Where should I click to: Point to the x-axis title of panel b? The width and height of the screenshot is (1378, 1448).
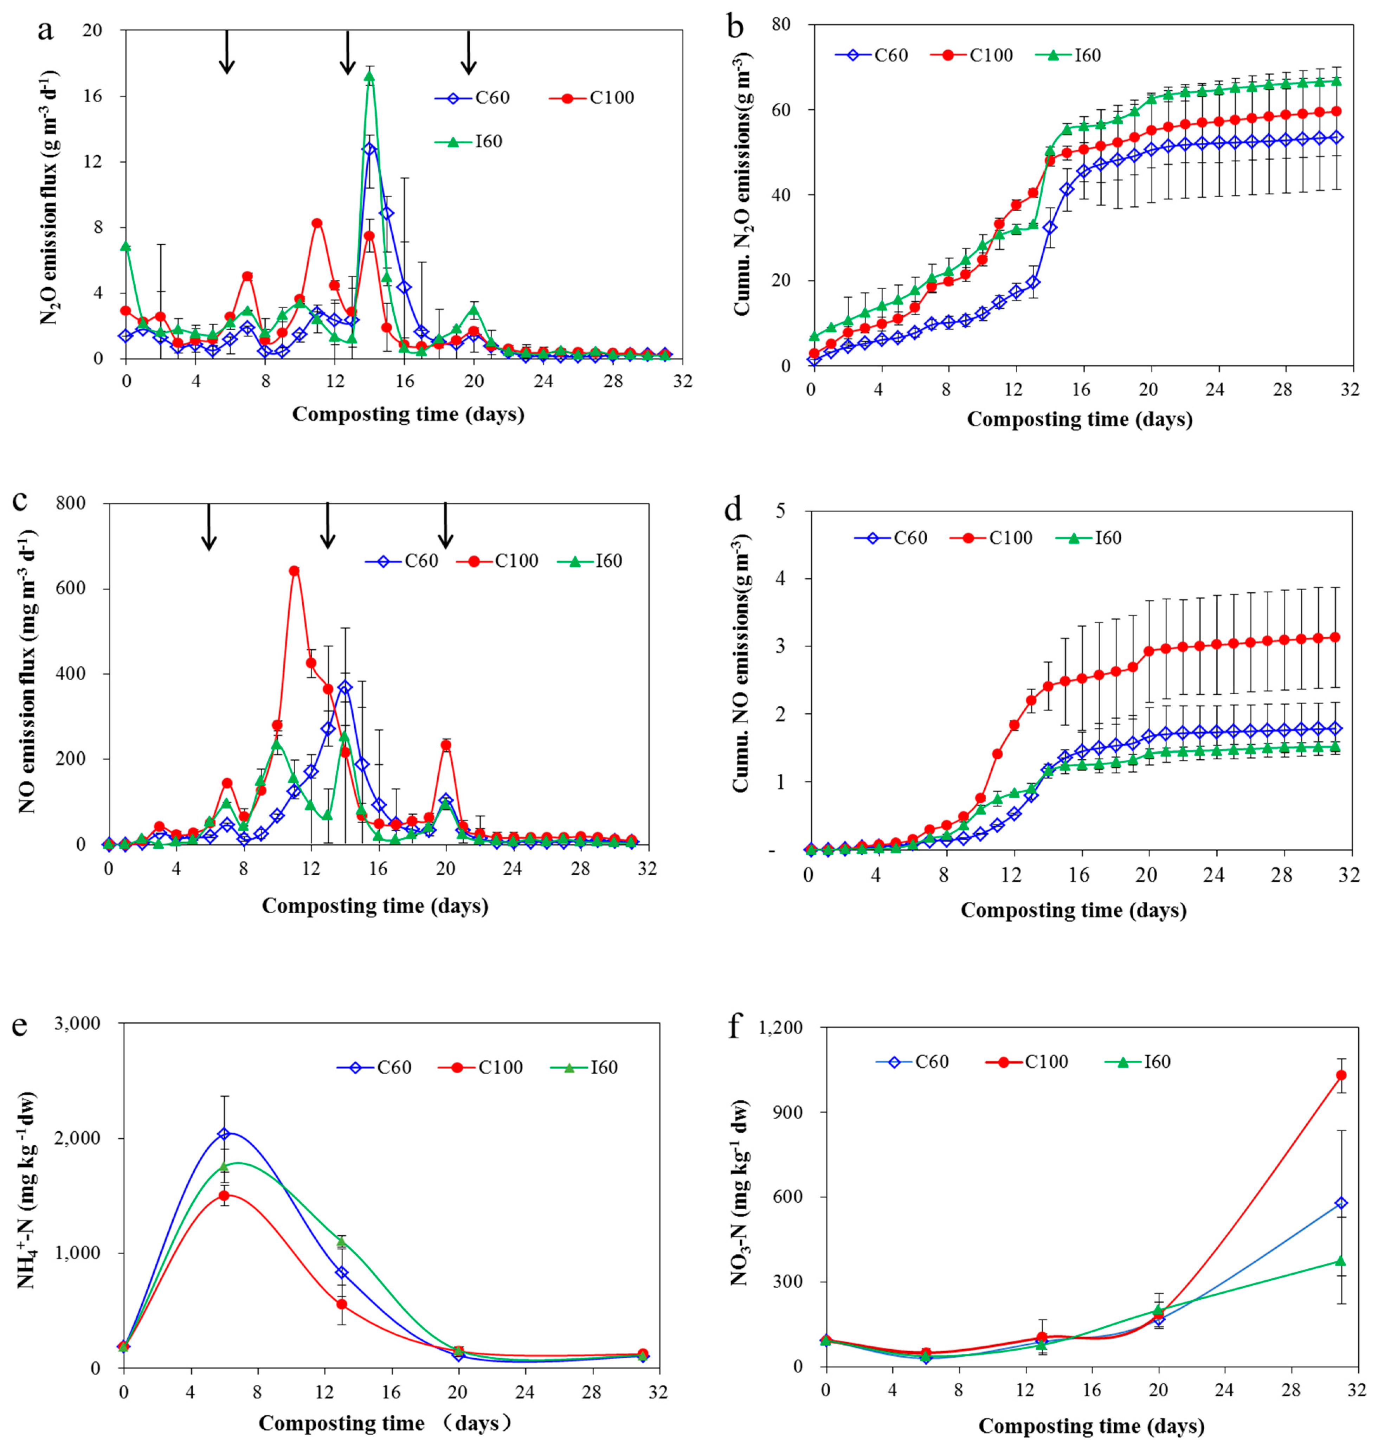1079,419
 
